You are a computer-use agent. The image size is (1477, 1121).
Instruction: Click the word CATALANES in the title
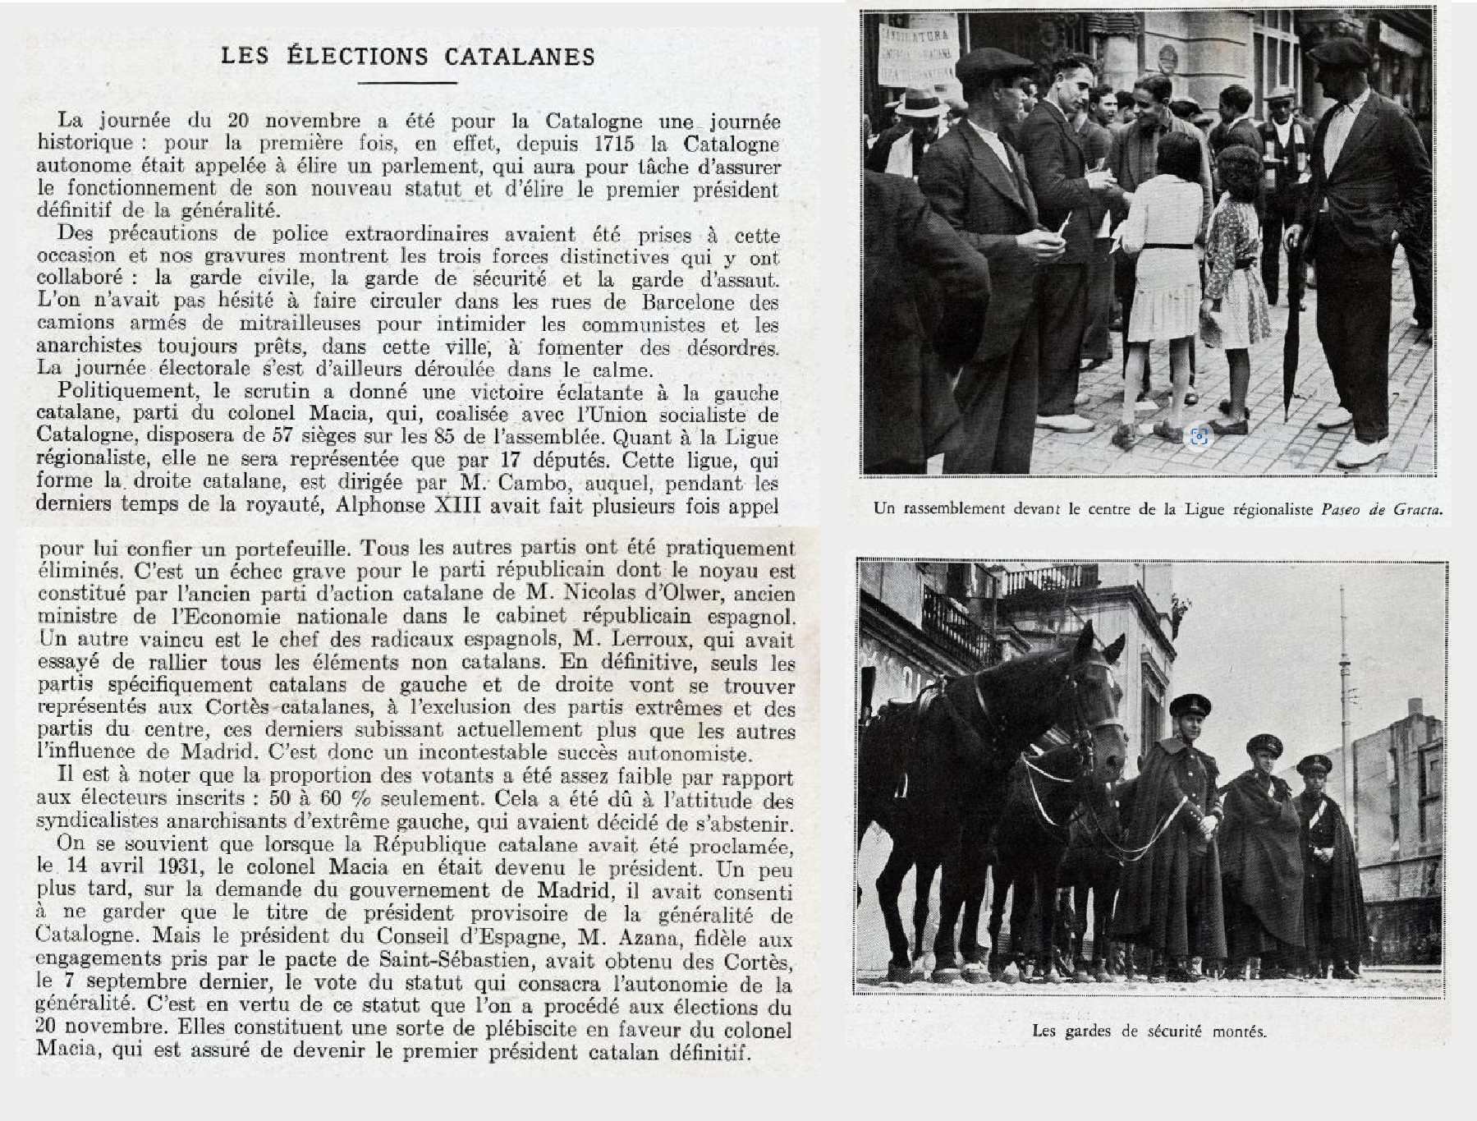(x=520, y=56)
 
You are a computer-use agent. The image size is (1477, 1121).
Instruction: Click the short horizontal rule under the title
(x=407, y=82)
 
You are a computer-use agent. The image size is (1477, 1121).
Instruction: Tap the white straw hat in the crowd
(x=920, y=103)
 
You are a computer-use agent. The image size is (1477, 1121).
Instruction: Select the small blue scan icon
(x=1199, y=436)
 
